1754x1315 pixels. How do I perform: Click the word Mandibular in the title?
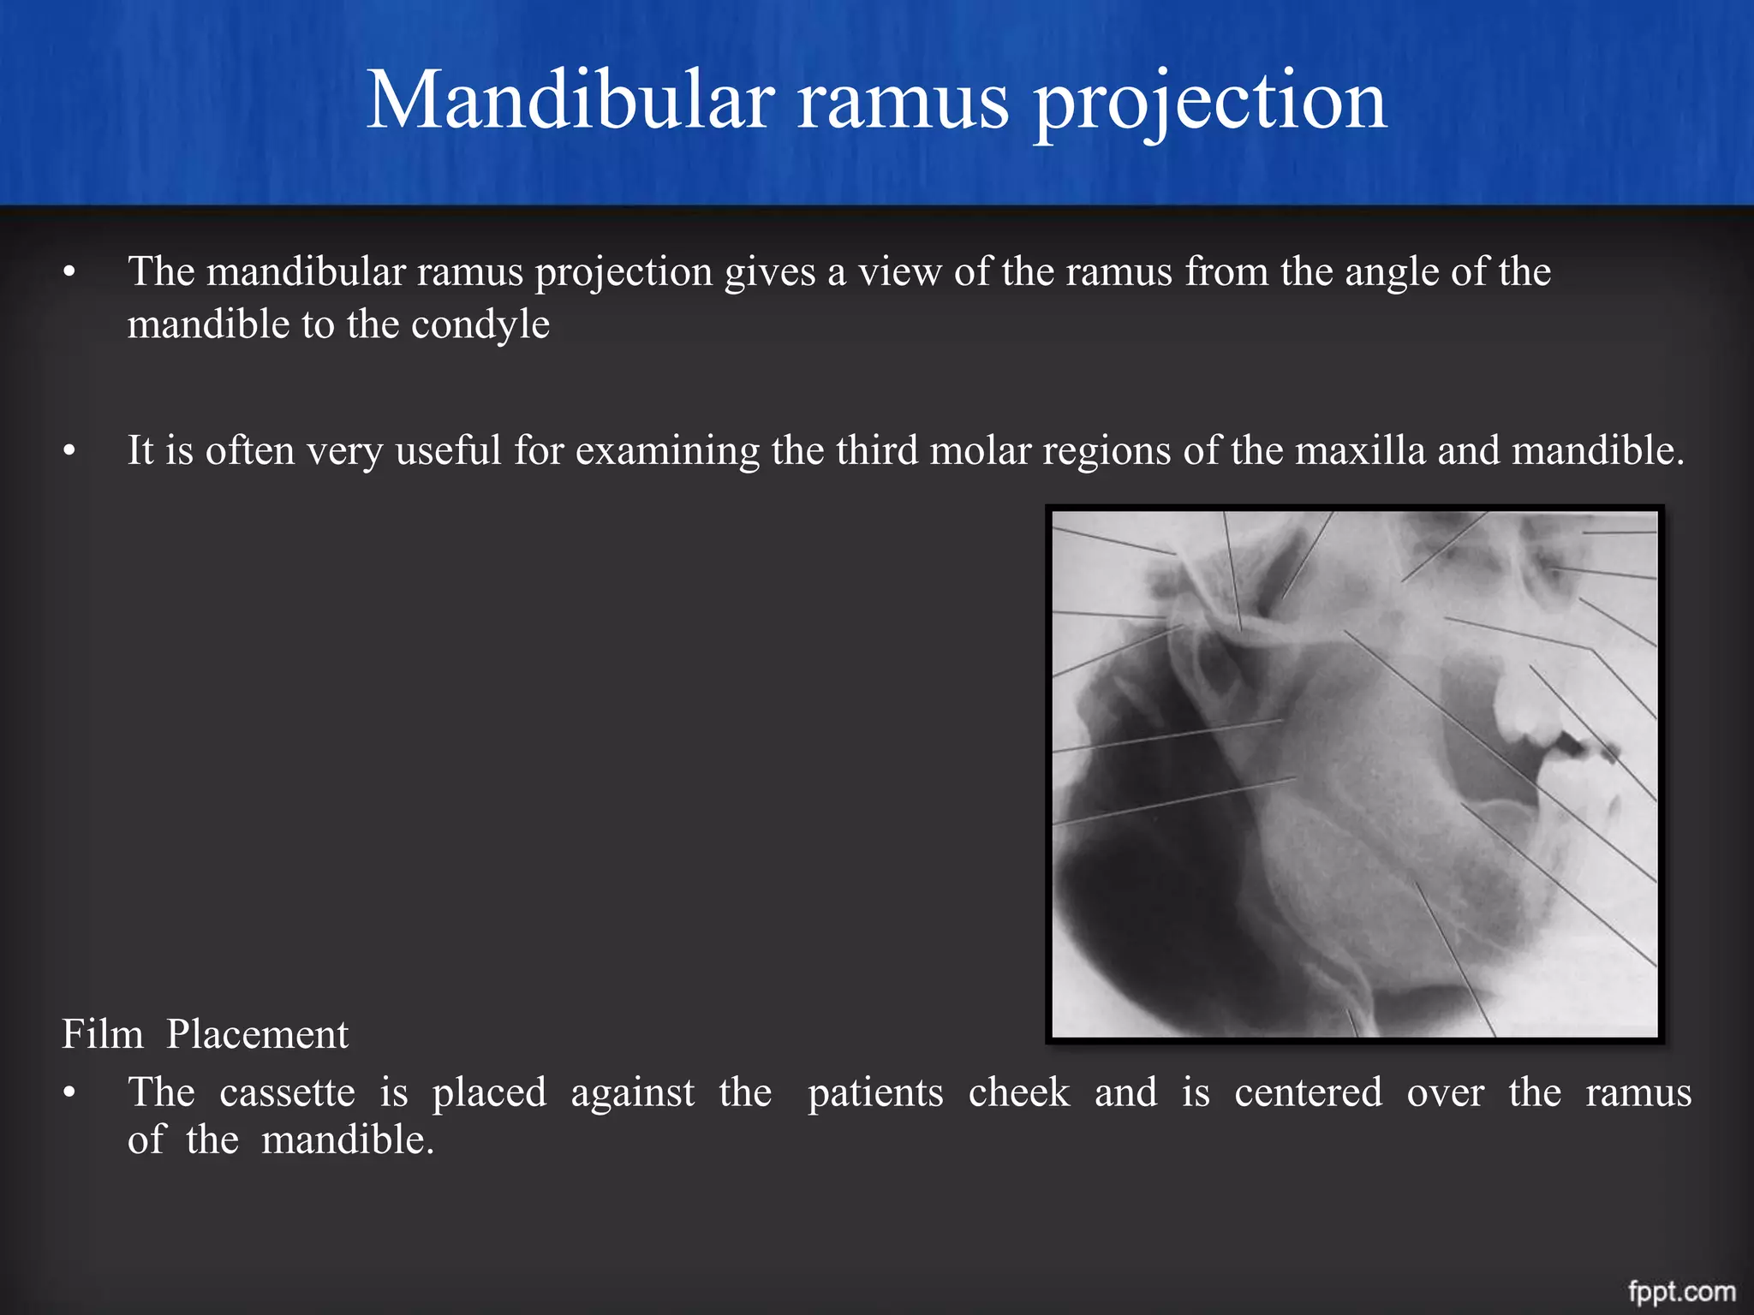click(570, 101)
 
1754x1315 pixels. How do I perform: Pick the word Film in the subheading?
click(102, 1034)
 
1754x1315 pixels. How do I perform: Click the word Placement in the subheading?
click(257, 1034)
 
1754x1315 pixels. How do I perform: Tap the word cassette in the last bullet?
click(287, 1093)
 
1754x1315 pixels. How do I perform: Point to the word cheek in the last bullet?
click(1019, 1093)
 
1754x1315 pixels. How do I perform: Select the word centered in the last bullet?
click(1308, 1093)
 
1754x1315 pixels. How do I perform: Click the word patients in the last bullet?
click(875, 1093)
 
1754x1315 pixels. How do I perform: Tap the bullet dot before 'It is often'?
click(69, 451)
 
